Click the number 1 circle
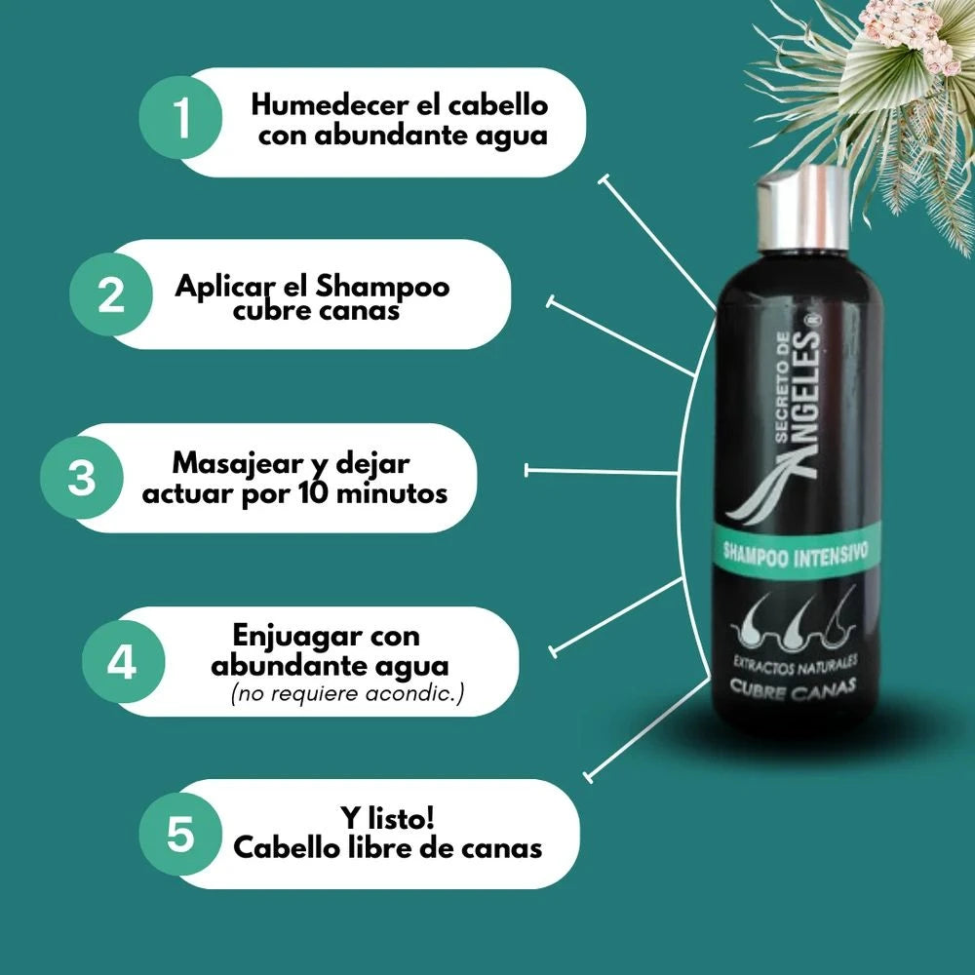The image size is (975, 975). (x=180, y=118)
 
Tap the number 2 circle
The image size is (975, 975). (x=111, y=294)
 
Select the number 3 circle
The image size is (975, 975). (x=82, y=478)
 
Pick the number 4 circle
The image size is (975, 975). (x=124, y=662)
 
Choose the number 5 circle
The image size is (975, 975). (x=180, y=834)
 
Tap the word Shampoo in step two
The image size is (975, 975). (x=382, y=287)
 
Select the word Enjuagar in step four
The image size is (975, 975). (x=297, y=637)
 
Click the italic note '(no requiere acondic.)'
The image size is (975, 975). (x=348, y=693)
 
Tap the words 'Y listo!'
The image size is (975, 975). (x=387, y=818)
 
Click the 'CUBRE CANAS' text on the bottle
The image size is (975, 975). (x=793, y=687)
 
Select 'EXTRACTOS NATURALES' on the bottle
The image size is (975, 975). (x=796, y=663)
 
